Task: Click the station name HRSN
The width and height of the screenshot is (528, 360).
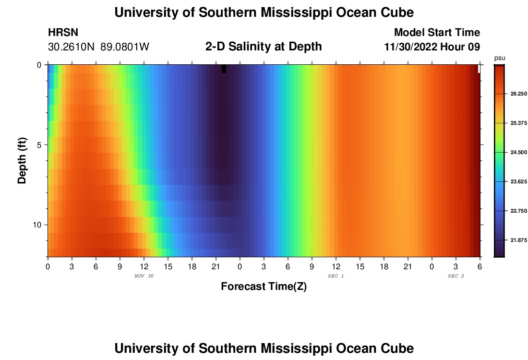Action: pyautogui.click(x=63, y=33)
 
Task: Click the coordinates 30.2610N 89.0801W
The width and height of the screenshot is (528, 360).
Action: pyautogui.click(x=98, y=47)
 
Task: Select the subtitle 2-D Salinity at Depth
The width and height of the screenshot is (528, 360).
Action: pyautogui.click(x=264, y=47)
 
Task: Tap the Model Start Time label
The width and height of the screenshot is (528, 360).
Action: pyautogui.click(x=437, y=33)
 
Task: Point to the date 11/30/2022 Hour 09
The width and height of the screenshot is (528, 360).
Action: pyautogui.click(x=432, y=47)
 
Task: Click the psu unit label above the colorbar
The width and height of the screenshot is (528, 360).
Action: pyautogui.click(x=500, y=58)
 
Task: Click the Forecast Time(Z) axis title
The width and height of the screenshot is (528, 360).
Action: pyautogui.click(x=264, y=287)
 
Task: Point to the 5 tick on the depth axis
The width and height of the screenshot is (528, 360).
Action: pyautogui.click(x=39, y=144)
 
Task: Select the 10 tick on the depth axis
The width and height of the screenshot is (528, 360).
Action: pyautogui.click(x=37, y=225)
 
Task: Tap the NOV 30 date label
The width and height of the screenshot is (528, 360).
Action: pyautogui.click(x=144, y=276)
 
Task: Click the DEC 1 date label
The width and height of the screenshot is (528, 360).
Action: pyautogui.click(x=336, y=276)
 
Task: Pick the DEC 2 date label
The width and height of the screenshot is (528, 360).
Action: pyautogui.click(x=456, y=276)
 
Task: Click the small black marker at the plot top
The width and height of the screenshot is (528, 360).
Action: pyautogui.click(x=224, y=69)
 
